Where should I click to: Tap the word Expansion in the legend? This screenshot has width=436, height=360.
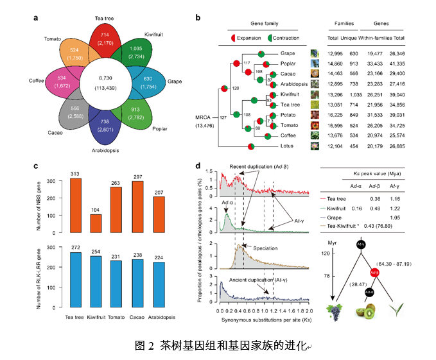[249, 38]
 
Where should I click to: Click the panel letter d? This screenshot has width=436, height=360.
[198, 166]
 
